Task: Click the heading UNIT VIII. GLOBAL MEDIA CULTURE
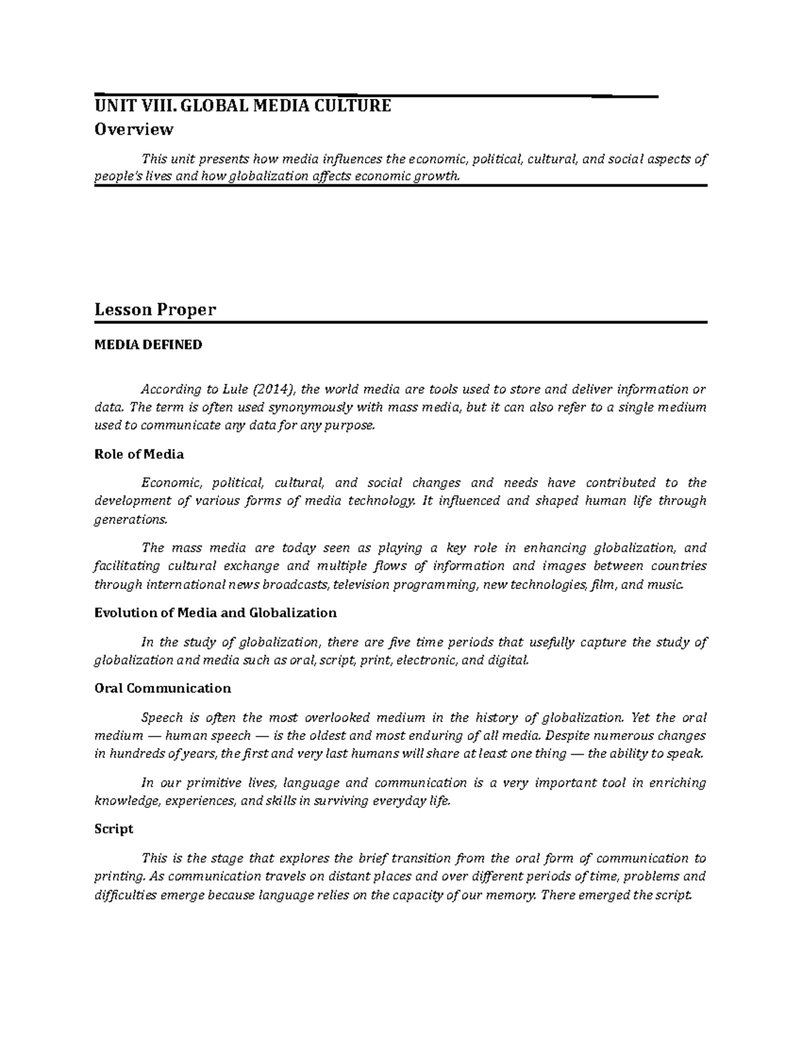[x=243, y=106]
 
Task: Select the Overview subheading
[x=134, y=129]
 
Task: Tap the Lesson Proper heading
[x=155, y=309]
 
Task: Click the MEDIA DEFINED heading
[x=148, y=345]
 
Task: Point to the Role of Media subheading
[x=139, y=455]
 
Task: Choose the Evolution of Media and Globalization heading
[x=215, y=613]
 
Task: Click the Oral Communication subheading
[x=162, y=688]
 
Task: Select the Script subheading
[x=114, y=829]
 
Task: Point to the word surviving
[x=346, y=801]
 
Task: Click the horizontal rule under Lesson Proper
[x=400, y=322]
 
